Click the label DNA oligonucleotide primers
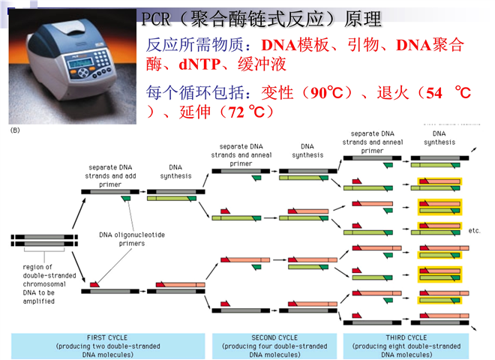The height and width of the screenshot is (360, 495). [132, 238]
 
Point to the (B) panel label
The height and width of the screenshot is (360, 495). [15, 130]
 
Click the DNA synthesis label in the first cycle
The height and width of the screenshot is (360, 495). [175, 170]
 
